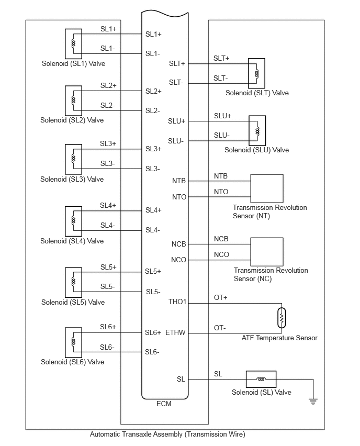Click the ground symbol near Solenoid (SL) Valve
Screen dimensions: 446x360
click(x=313, y=402)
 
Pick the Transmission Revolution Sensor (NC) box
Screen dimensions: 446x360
click(x=267, y=252)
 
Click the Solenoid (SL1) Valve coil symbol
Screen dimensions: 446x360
click(x=73, y=43)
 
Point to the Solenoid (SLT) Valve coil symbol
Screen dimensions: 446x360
click(x=256, y=73)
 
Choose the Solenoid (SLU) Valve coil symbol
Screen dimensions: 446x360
click(x=257, y=130)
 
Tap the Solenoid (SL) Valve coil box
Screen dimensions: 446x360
click(x=261, y=379)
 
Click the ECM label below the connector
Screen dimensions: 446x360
click(x=164, y=404)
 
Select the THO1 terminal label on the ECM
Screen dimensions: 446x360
click(x=177, y=302)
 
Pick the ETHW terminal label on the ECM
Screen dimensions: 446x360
click(x=175, y=332)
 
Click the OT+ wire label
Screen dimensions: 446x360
click(x=220, y=297)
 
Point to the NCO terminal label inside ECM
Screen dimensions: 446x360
click(x=178, y=260)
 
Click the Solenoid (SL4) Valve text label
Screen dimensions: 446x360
click(x=72, y=241)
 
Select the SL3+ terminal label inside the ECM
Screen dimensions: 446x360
click(x=153, y=149)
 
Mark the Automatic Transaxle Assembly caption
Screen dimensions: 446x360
click(x=167, y=434)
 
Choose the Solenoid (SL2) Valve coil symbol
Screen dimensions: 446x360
click(x=73, y=100)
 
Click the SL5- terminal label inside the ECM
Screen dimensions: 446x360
click(x=153, y=292)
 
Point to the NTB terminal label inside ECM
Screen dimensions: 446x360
click(x=179, y=181)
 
